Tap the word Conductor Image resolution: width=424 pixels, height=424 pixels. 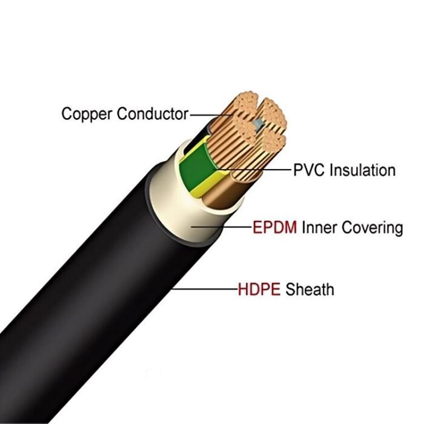[152, 113]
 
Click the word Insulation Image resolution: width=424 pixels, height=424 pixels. [363, 170]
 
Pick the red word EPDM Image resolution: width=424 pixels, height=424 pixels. [274, 228]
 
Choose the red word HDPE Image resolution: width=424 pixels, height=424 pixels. [259, 289]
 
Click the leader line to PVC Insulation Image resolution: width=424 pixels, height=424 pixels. [267, 170]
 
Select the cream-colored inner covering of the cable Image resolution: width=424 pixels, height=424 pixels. [182, 224]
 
